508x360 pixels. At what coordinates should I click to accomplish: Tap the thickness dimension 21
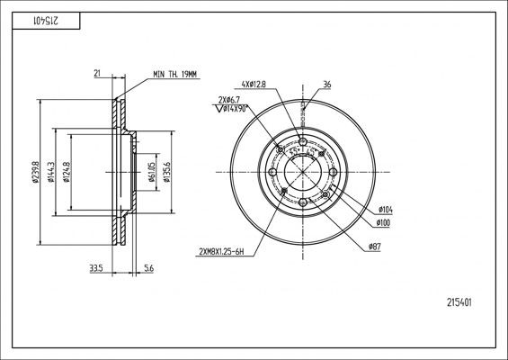(96, 74)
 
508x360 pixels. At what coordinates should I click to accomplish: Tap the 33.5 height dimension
(94, 267)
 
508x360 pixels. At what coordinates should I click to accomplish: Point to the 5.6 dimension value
(148, 267)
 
